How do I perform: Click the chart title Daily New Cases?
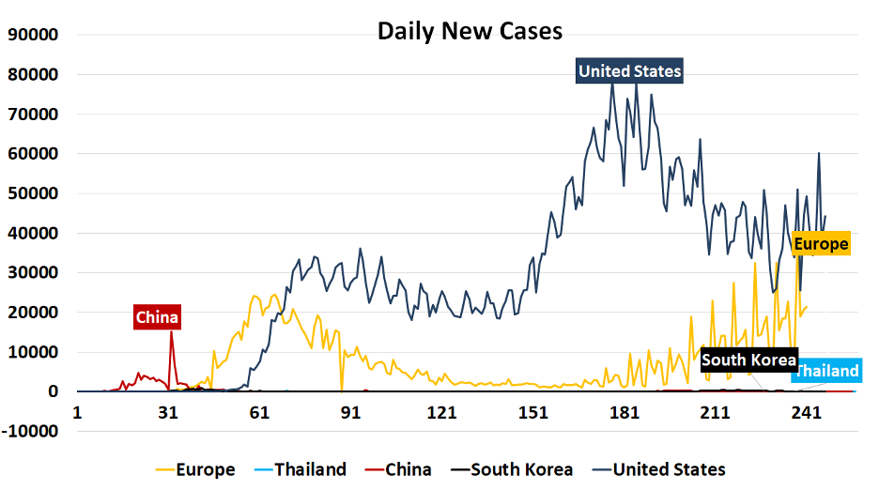tap(470, 31)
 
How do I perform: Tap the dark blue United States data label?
tap(629, 71)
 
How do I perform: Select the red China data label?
tap(156, 317)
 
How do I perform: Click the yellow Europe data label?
tap(821, 244)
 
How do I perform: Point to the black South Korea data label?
tap(748, 360)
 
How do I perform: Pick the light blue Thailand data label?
tap(826, 372)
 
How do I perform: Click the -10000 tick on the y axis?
tap(30, 432)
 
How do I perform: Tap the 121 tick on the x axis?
tap(441, 412)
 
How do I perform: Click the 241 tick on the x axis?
tap(806, 412)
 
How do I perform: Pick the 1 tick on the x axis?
tap(78, 412)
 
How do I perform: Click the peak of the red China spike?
tap(170, 333)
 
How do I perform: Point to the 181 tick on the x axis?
tap(624, 412)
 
